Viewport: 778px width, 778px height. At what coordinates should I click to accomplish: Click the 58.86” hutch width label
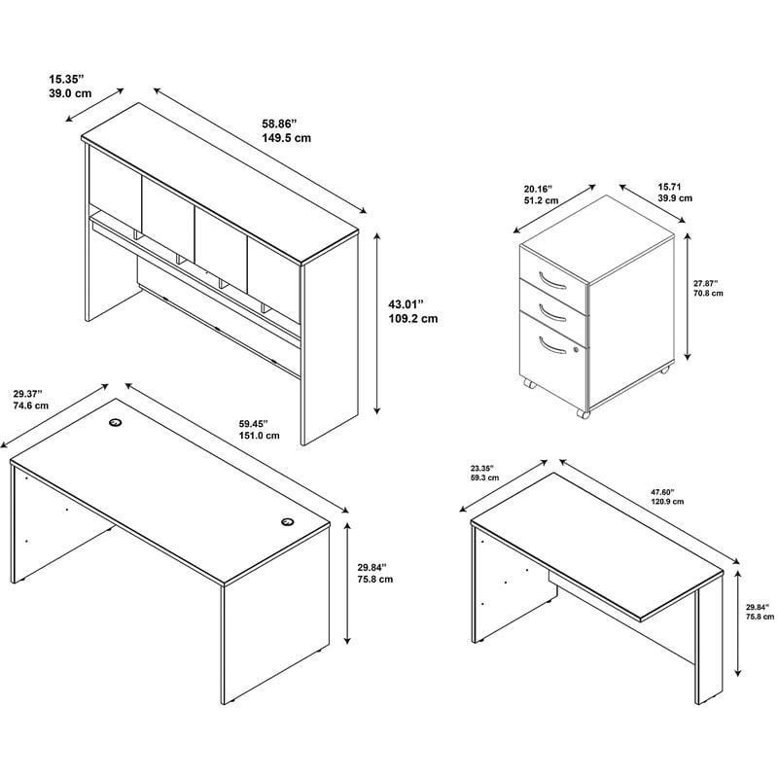[x=279, y=124]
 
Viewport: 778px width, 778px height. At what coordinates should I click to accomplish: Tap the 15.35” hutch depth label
[x=66, y=79]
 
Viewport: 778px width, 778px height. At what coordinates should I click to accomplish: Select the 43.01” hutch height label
[x=407, y=303]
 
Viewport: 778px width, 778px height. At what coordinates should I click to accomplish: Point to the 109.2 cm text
[x=412, y=319]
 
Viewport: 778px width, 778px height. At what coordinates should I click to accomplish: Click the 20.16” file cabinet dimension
[x=538, y=189]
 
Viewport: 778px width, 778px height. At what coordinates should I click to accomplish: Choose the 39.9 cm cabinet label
[x=675, y=198]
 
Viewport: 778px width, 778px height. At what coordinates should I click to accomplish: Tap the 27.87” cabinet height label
[x=706, y=283]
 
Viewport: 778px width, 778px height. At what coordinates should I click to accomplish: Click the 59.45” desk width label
[x=254, y=424]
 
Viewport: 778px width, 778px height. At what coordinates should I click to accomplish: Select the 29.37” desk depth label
[x=28, y=394]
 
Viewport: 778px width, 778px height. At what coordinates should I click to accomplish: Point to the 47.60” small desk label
[x=663, y=492]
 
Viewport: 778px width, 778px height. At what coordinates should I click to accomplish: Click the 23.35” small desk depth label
[x=481, y=468]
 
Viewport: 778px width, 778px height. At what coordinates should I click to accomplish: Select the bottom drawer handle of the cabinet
[x=551, y=345]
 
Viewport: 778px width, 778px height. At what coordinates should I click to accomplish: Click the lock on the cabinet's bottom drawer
[x=576, y=350]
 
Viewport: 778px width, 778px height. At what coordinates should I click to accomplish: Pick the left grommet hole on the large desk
[x=116, y=422]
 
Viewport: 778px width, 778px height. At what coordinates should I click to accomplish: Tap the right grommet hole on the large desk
[x=287, y=521]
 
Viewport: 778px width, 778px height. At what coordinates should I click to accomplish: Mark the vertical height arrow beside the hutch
[x=377, y=323]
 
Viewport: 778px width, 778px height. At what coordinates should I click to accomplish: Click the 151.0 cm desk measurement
[x=259, y=436]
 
